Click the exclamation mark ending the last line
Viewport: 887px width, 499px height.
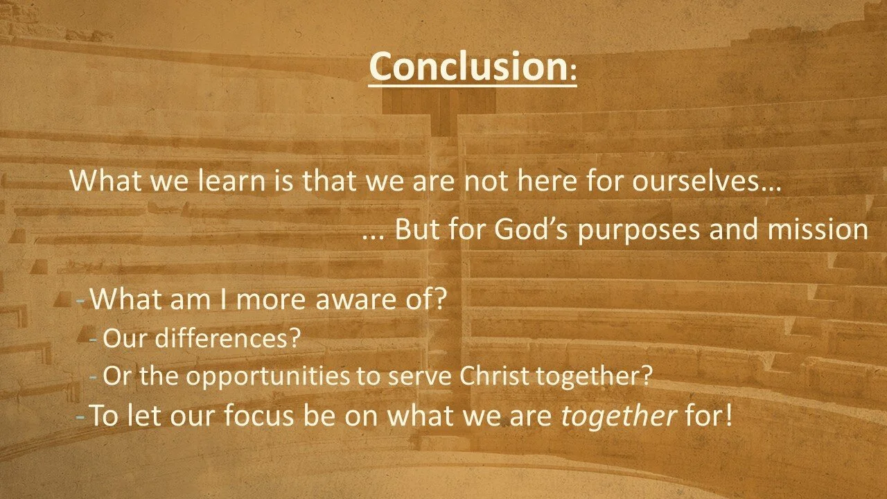click(727, 415)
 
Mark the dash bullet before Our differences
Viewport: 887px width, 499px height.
click(94, 340)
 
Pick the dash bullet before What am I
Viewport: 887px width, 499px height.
click(81, 301)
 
